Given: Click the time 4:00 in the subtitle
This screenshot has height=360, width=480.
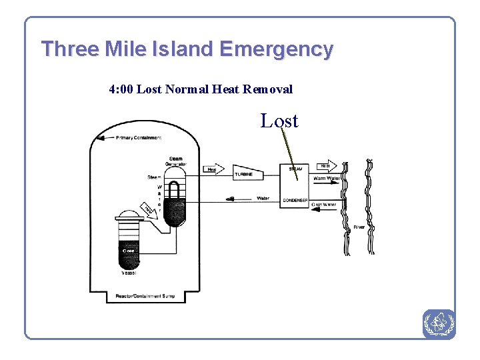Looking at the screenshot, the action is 121,89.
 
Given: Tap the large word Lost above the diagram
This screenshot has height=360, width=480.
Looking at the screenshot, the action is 279,121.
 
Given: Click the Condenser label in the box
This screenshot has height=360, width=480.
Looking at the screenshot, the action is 295,200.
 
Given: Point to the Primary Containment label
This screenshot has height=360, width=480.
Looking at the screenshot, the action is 139,138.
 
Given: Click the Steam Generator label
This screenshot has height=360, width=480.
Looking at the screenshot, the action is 176,161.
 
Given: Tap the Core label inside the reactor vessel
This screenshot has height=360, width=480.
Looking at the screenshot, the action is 128,251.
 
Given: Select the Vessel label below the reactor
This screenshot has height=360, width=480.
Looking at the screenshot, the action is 129,273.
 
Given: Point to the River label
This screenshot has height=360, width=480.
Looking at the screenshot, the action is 359,227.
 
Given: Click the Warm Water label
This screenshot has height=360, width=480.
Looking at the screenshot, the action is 327,179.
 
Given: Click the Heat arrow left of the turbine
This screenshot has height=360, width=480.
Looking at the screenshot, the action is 213,169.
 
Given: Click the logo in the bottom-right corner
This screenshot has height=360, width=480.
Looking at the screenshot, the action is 438,324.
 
